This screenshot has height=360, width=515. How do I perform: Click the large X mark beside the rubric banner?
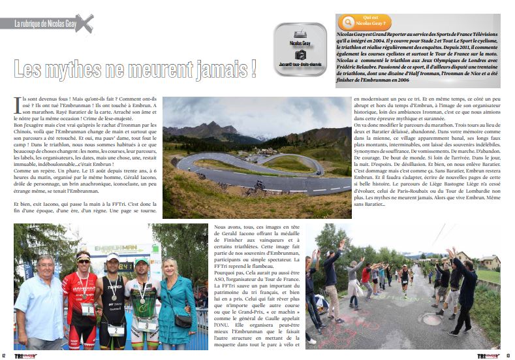coord(84,24)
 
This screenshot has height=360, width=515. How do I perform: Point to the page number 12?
coord(5,355)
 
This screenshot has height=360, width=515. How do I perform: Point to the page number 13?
coord(508,355)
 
